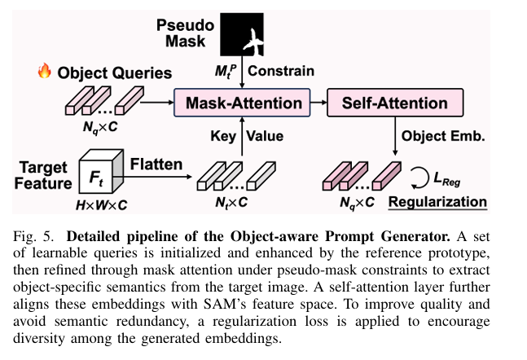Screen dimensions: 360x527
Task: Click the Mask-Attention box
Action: pos(243,103)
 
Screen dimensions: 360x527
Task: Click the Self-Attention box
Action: pos(394,103)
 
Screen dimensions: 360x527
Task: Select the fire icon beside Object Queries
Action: pos(44,72)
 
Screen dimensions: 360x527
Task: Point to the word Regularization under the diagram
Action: pos(437,202)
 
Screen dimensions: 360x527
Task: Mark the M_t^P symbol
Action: pos(226,72)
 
